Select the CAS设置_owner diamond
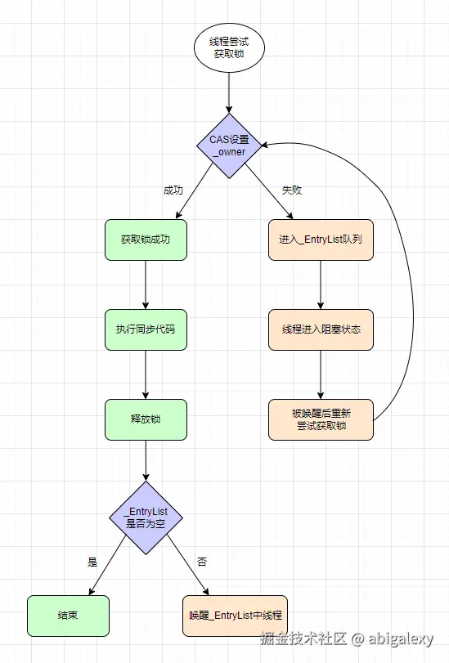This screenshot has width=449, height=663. point(228,146)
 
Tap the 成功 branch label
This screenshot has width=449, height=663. point(173,190)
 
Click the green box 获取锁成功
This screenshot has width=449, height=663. point(146,240)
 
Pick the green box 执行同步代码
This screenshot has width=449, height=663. point(146,330)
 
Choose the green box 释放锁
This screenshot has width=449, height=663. point(146,419)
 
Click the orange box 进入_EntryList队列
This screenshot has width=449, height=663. point(321,240)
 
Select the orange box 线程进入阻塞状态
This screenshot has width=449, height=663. point(321,330)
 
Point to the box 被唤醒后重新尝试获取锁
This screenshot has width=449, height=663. point(321,419)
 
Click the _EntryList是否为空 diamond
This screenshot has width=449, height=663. point(146,517)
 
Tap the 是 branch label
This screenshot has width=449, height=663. point(92,562)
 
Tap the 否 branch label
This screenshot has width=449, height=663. point(202,562)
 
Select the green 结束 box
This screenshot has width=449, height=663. point(68,616)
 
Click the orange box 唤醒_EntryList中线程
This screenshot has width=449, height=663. point(236,616)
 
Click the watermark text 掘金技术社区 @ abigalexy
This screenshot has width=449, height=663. point(352,638)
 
